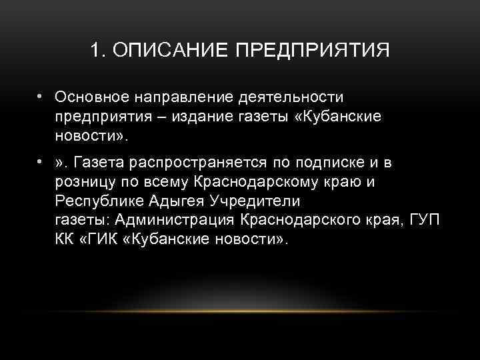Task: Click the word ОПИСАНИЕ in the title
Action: [x=168, y=51]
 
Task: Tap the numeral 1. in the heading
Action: [x=99, y=51]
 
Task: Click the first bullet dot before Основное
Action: [x=41, y=97]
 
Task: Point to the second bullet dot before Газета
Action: [x=41, y=161]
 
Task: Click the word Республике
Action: [x=96, y=201]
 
